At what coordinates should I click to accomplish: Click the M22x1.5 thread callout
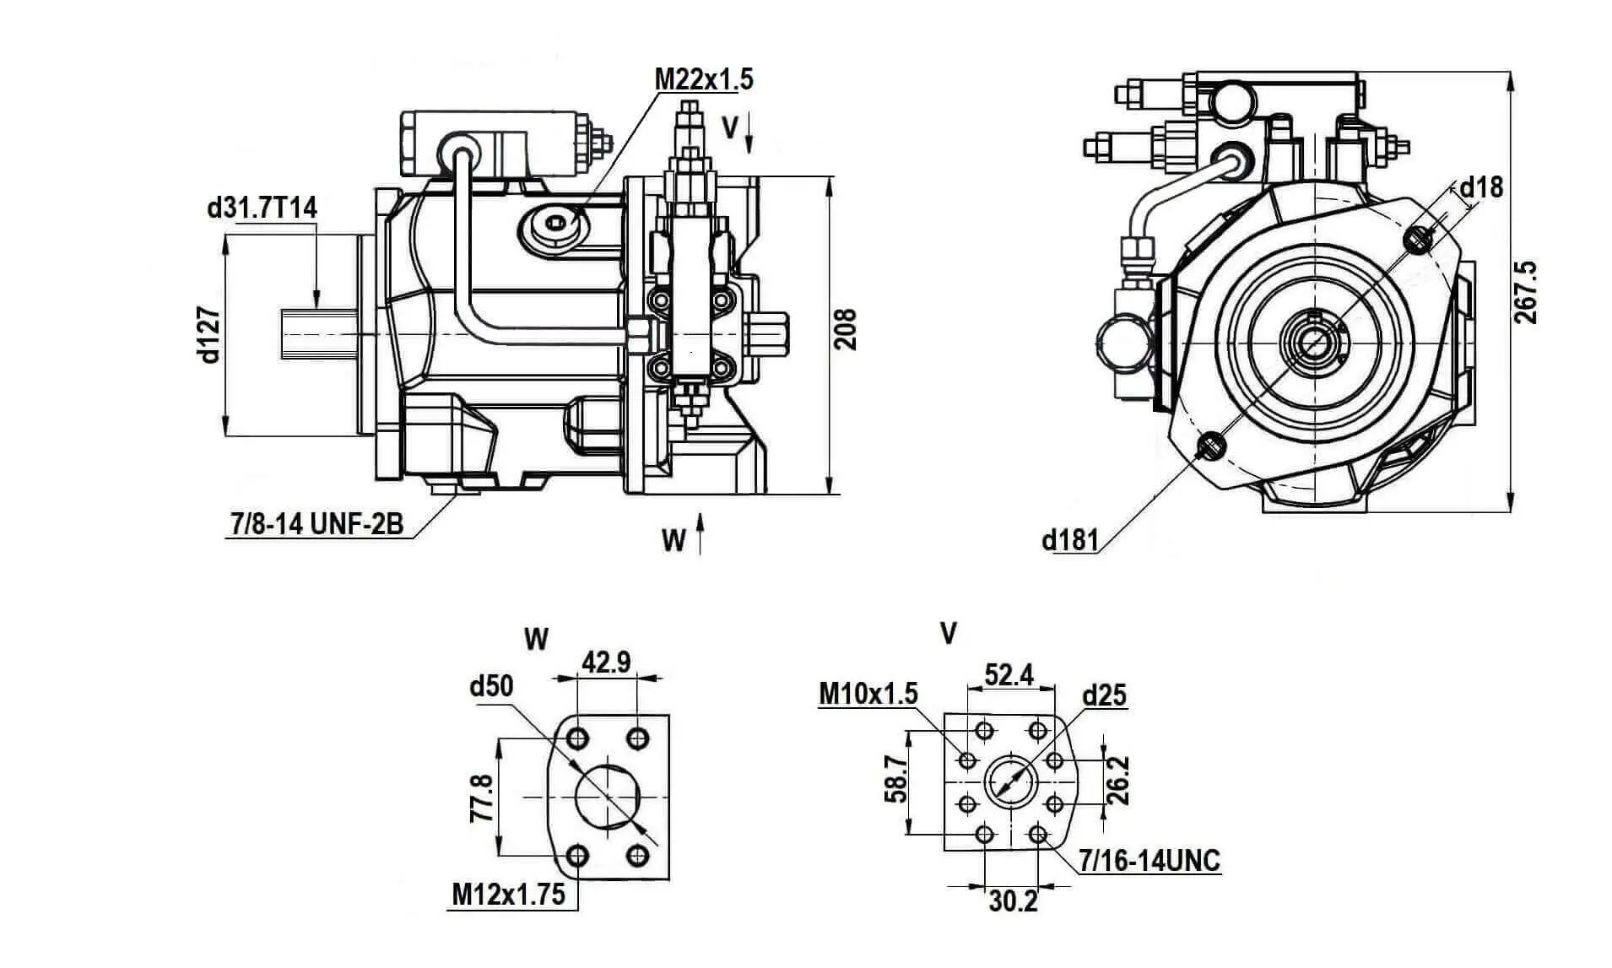tap(703, 79)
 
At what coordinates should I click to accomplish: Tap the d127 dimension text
tap(209, 335)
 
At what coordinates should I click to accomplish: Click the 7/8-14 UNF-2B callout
tap(316, 524)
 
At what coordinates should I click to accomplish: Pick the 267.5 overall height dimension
tap(1525, 293)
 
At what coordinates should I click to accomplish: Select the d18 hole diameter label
tap(1481, 187)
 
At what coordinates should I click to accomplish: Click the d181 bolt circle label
tap(1070, 539)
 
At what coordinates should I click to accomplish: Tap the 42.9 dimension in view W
tap(606, 662)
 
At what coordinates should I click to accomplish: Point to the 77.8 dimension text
tap(481, 798)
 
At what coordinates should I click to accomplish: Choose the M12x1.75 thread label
tap(508, 895)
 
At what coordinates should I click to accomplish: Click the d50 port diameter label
tap(491, 686)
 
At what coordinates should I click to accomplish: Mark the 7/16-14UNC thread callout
tap(1149, 861)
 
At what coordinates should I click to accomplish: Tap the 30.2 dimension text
tap(1013, 901)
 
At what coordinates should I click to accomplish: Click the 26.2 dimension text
tap(1117, 781)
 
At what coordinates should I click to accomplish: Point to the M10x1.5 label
tap(868, 694)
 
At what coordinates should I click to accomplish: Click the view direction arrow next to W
tap(700, 533)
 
